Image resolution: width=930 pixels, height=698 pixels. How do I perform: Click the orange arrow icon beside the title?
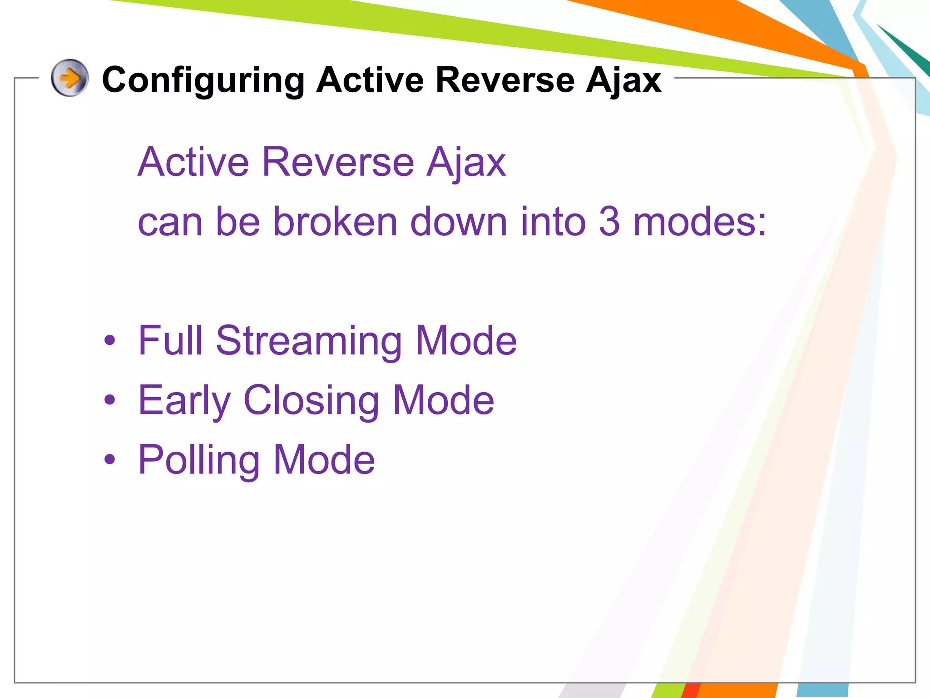pos(69,78)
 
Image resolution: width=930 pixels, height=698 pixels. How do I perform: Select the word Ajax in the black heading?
pos(623,80)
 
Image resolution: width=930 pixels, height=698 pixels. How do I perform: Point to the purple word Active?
pos(193,162)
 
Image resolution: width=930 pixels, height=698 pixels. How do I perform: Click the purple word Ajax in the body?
pos(466,163)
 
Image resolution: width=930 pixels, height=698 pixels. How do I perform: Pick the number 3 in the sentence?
pos(609,222)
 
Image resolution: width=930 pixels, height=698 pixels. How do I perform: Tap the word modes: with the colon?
pos(700,222)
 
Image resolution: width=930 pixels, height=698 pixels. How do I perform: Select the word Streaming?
pos(309,341)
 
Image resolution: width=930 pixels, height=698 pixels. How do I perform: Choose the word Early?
pos(184,401)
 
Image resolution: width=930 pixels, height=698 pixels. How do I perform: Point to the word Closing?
pos(312,401)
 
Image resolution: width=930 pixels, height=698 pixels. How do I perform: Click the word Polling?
pos(199,460)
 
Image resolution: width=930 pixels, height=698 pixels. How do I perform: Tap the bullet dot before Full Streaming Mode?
pos(109,340)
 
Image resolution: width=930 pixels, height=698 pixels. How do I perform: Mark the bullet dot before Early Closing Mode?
pos(109,400)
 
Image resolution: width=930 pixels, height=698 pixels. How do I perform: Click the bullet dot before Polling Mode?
pos(109,459)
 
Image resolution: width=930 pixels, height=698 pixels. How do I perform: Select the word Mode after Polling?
pos(324,460)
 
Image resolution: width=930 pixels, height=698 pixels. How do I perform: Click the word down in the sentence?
pos(459,222)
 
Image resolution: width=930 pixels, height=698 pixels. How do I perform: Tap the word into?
pos(553,222)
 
